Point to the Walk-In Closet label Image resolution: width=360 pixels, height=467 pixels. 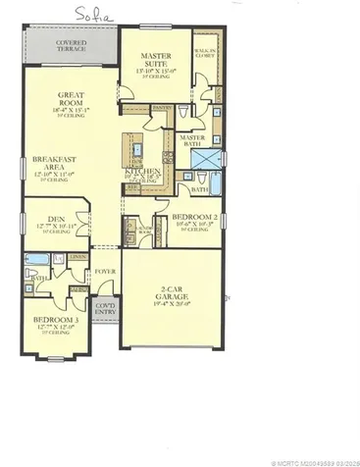click(x=206, y=53)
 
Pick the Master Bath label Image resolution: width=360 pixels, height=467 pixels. click(x=192, y=141)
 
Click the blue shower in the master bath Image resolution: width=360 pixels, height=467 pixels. click(x=208, y=158)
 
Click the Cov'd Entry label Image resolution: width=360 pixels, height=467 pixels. click(x=105, y=310)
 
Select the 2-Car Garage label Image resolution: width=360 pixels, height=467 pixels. click(x=169, y=292)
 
